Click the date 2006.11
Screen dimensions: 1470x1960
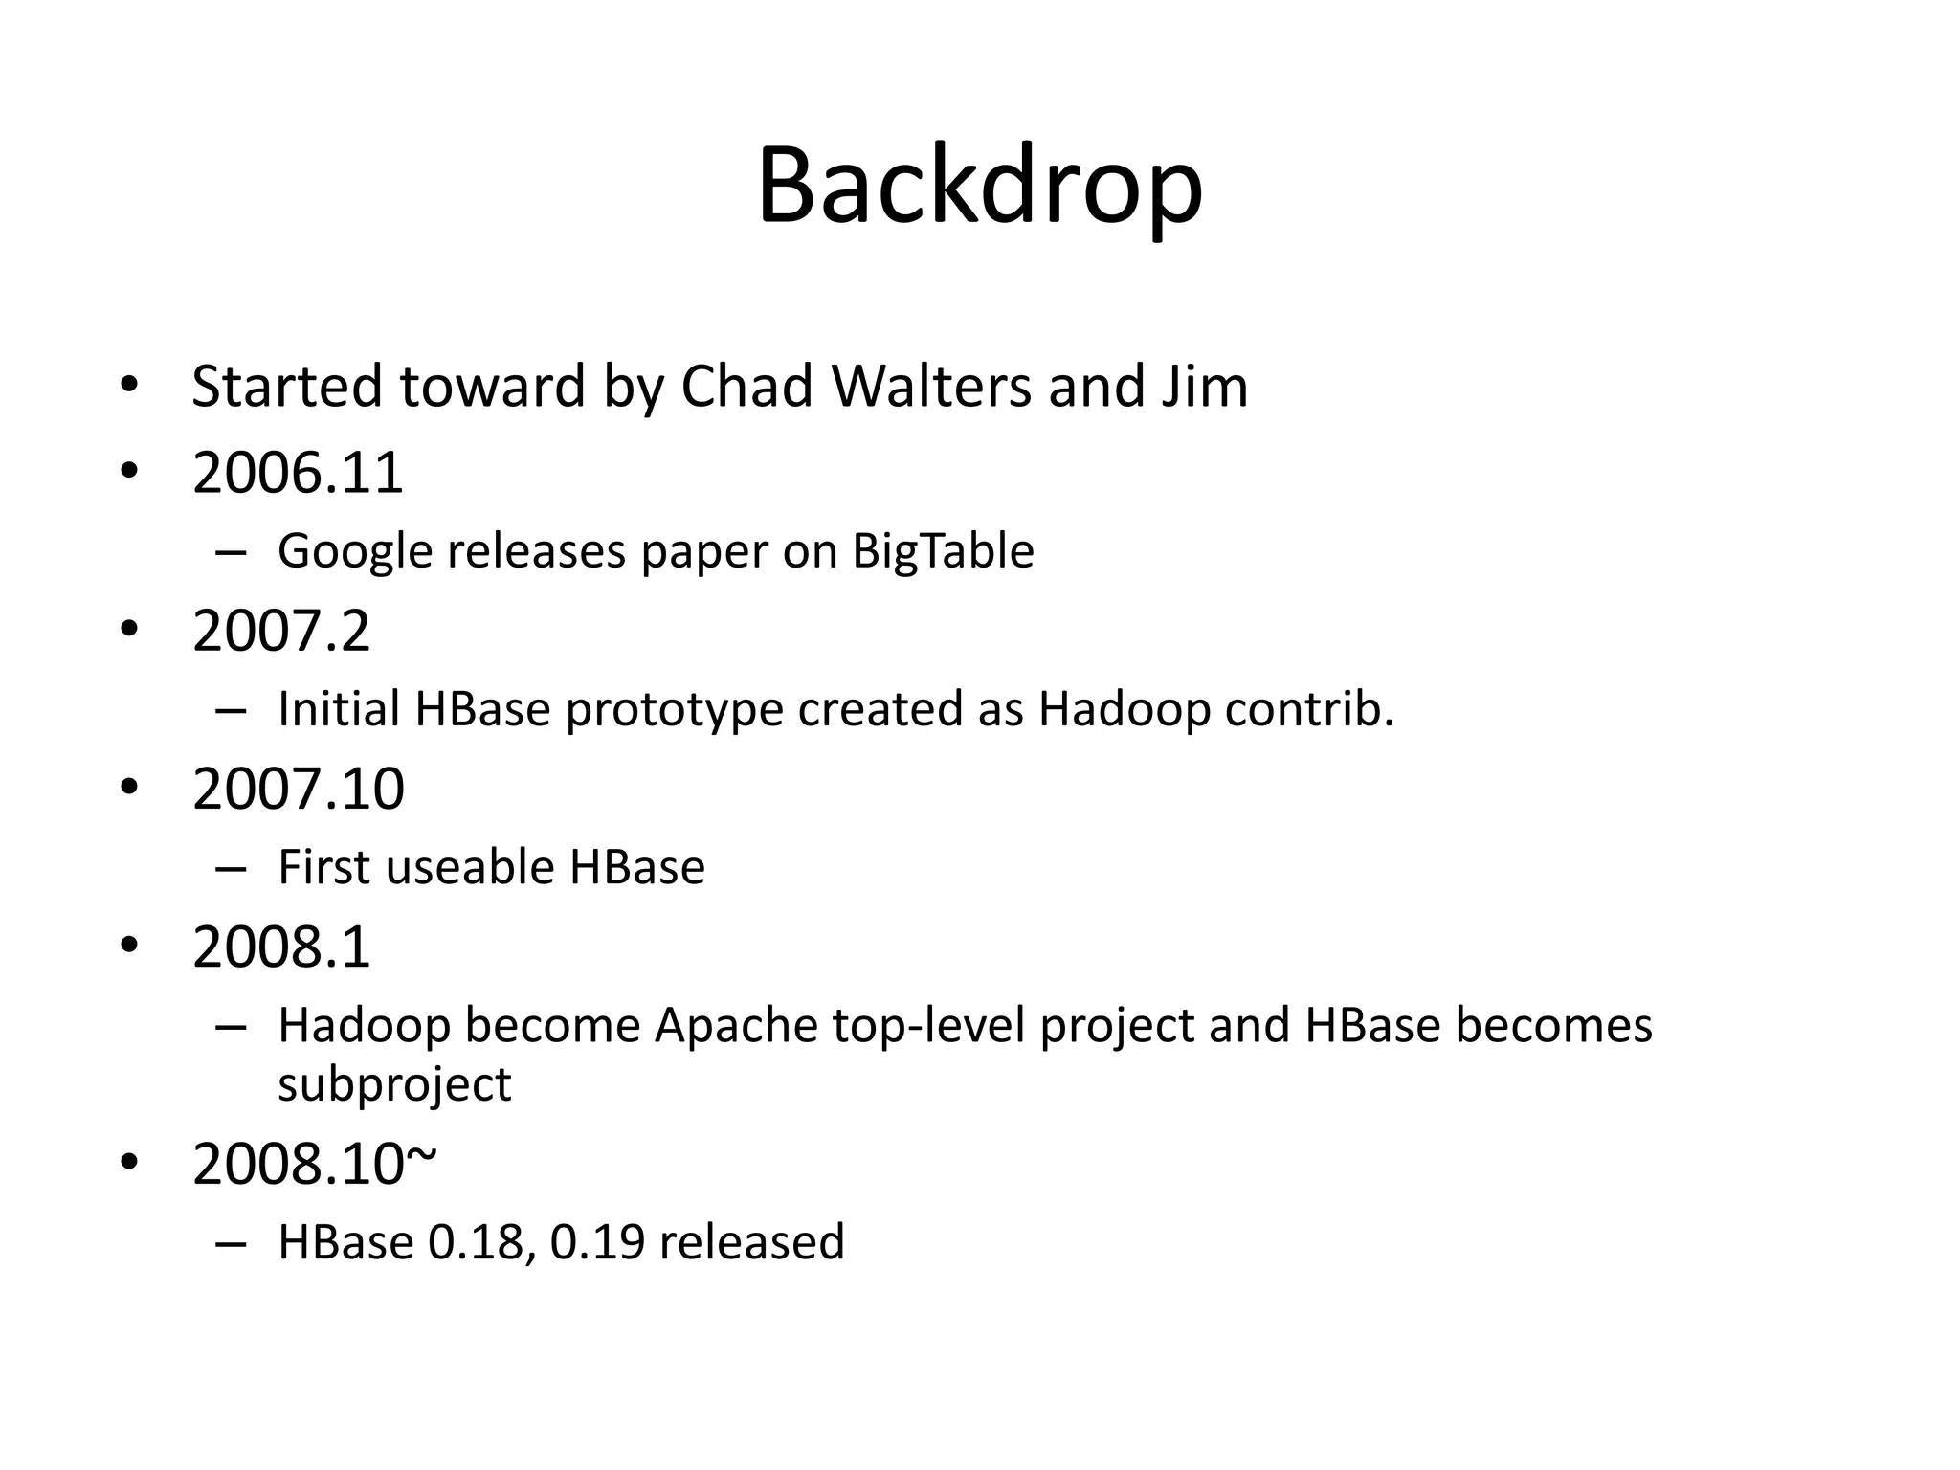pos(298,473)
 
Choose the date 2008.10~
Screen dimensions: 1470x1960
pos(314,1164)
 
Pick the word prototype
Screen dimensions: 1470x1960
pos(674,710)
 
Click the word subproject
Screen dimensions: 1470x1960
pos(394,1084)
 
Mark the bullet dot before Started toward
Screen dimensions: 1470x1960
pos(129,387)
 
